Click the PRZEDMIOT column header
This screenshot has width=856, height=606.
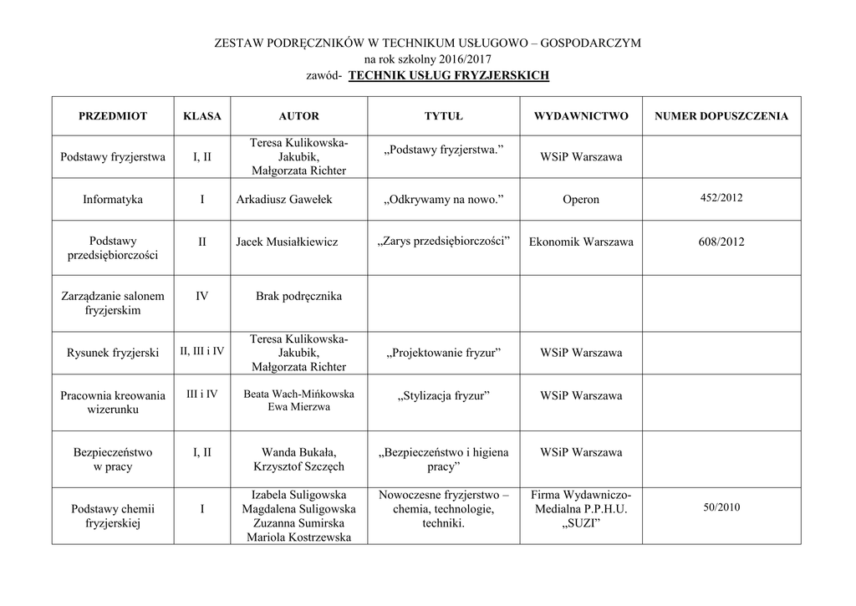(x=113, y=116)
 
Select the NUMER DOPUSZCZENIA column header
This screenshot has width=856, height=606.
(x=721, y=116)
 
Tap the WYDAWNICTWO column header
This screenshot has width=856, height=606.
(x=581, y=116)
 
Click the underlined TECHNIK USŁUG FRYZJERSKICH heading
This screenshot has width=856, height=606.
(x=448, y=75)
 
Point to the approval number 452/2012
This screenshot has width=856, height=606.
(x=721, y=198)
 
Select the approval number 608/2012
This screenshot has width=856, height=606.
(x=721, y=242)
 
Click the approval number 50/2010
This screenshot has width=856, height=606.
(x=721, y=507)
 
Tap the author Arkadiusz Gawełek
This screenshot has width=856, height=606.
(x=287, y=200)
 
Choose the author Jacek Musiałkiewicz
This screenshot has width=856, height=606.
(x=287, y=242)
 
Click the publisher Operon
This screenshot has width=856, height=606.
(x=581, y=200)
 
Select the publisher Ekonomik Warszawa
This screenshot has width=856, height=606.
(x=581, y=242)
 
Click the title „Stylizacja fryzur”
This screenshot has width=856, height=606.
(x=443, y=395)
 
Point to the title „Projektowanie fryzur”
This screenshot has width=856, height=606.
(x=443, y=353)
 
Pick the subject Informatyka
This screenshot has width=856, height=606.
(x=113, y=200)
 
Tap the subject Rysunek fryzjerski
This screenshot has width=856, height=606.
(x=113, y=353)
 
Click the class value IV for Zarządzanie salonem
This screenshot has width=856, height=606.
(x=201, y=296)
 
